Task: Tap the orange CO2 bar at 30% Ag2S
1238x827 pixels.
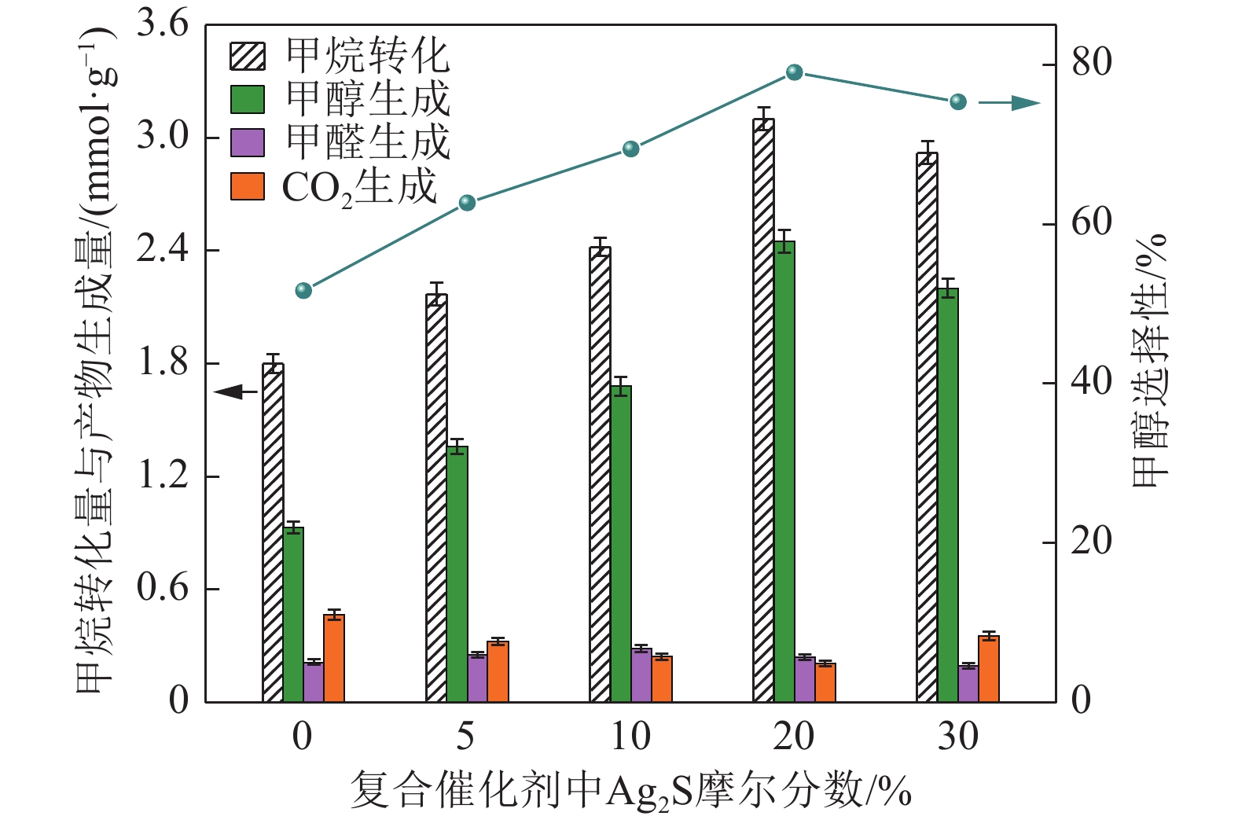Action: tap(989, 669)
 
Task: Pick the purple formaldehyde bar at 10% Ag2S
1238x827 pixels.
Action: tap(641, 675)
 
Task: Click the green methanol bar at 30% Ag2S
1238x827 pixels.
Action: tap(948, 495)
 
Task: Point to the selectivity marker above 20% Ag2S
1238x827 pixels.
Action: tap(794, 72)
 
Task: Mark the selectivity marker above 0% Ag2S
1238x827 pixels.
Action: tap(303, 291)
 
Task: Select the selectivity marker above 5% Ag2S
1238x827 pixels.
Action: tap(467, 203)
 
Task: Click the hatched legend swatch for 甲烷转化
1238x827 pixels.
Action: tap(247, 57)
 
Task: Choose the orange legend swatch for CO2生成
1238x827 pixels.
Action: tap(247, 187)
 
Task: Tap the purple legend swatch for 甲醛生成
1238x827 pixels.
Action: tap(247, 143)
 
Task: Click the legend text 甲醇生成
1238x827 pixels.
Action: tap(367, 99)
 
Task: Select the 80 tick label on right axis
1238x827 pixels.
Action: tap(1092, 63)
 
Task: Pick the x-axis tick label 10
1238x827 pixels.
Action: tap(630, 737)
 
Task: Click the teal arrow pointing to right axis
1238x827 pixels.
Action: tap(1010, 103)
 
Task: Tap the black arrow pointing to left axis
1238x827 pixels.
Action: tap(235, 391)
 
